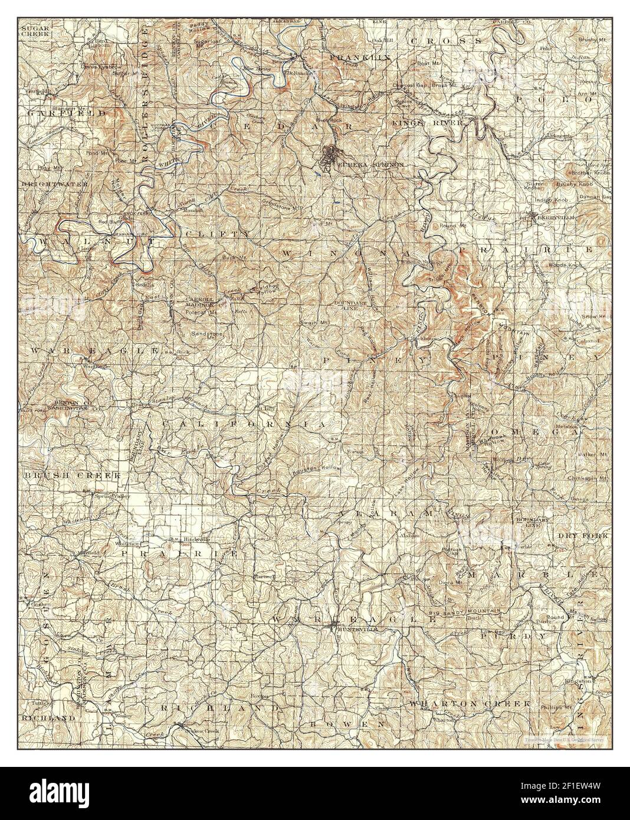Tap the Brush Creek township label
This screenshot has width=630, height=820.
[x=72, y=474]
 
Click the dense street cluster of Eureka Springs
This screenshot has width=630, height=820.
[x=329, y=156]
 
